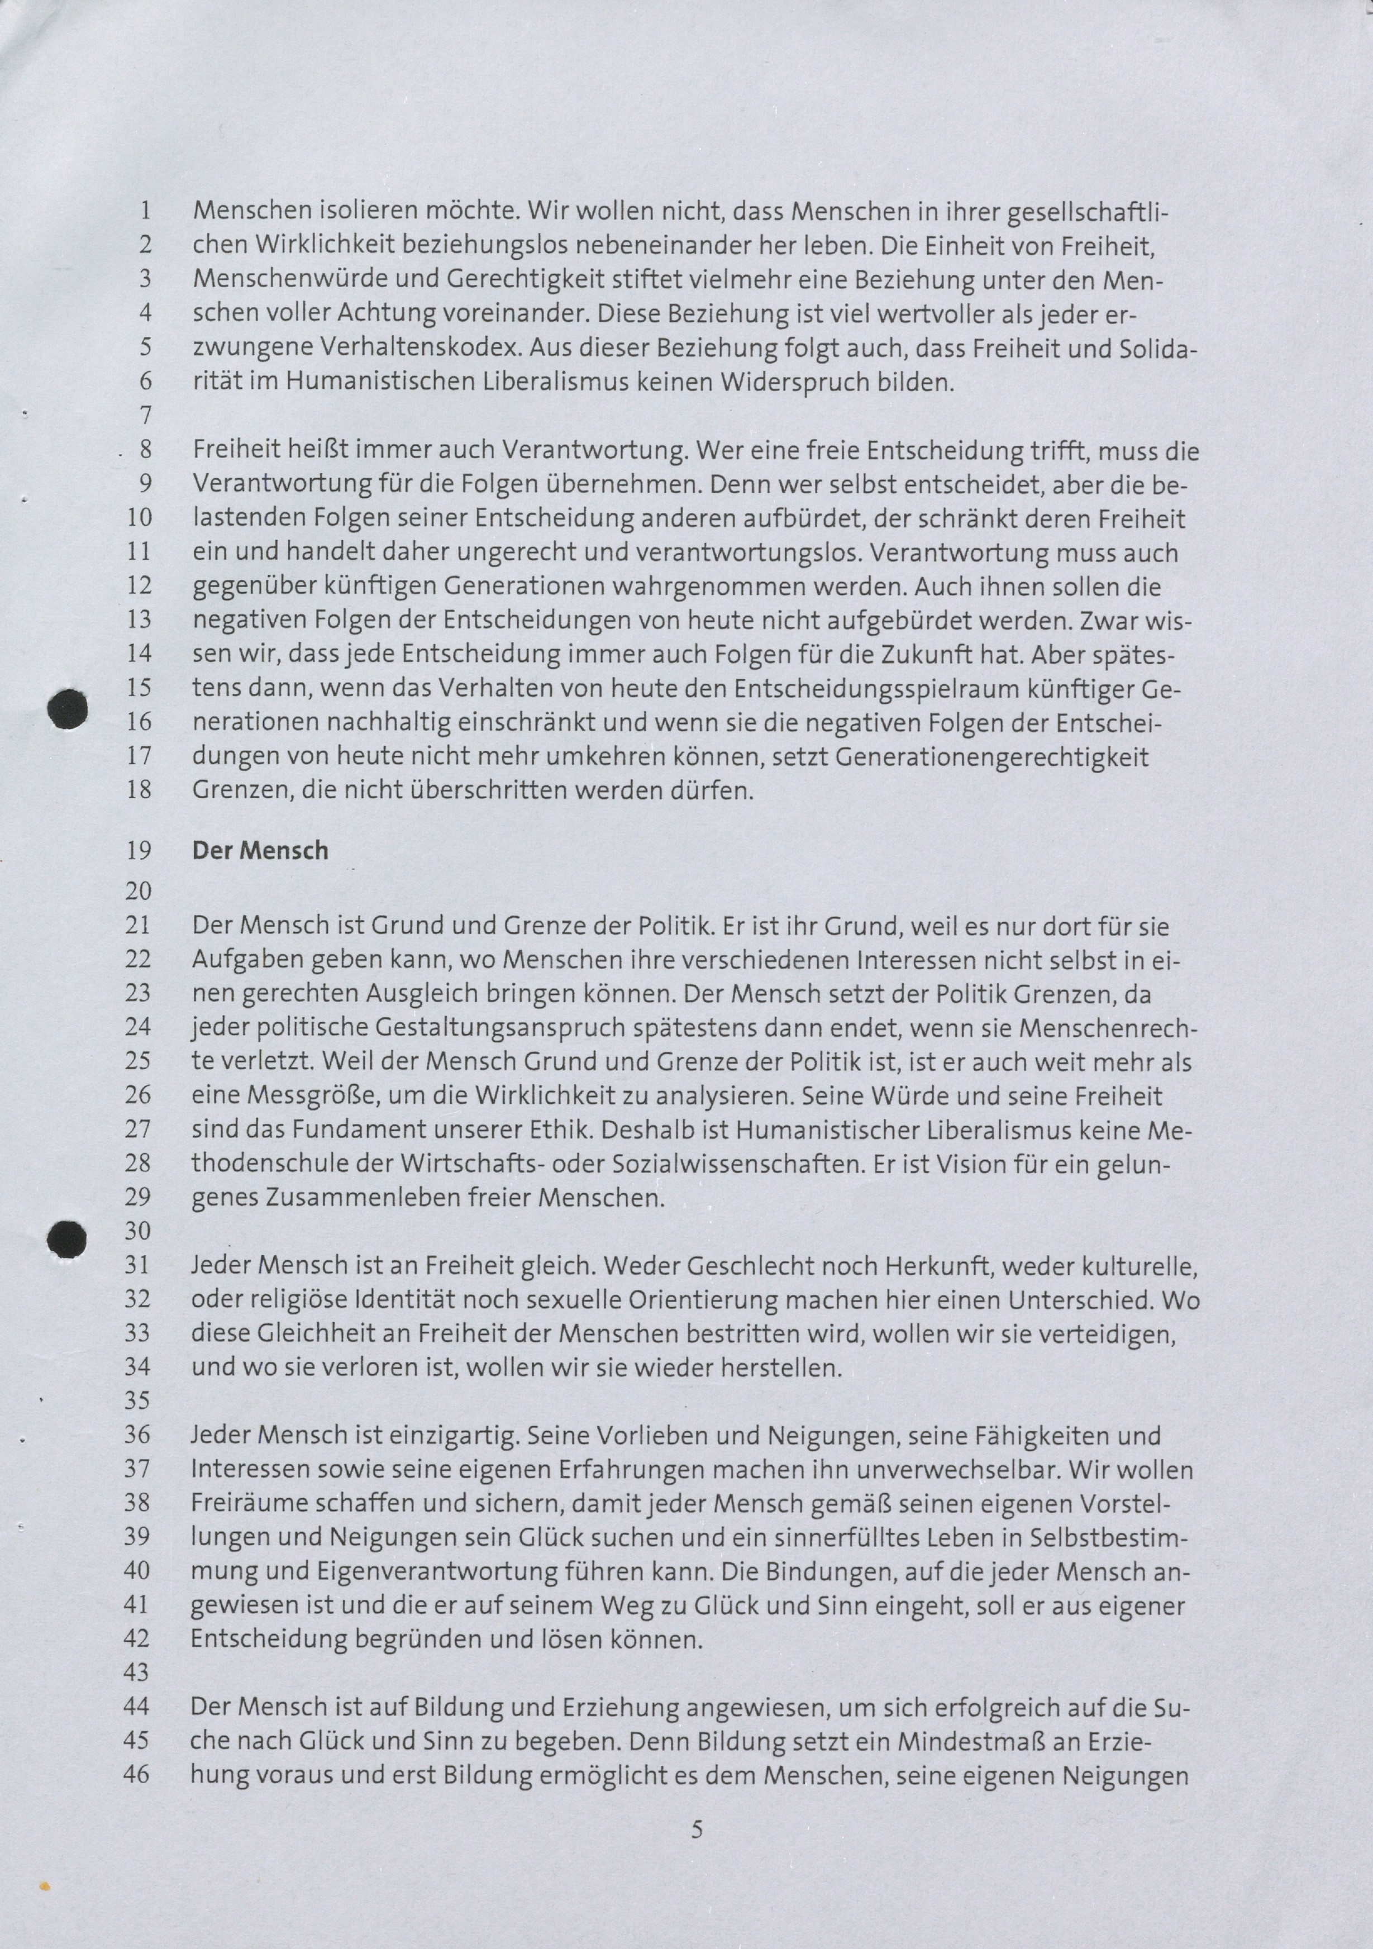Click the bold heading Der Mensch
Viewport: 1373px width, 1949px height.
pyautogui.click(x=260, y=851)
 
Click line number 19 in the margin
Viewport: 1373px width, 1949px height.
pyautogui.click(x=139, y=851)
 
